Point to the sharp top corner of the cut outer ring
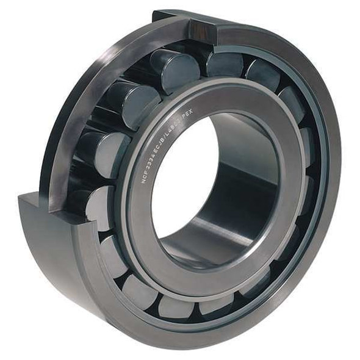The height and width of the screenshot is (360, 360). coord(154,12)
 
